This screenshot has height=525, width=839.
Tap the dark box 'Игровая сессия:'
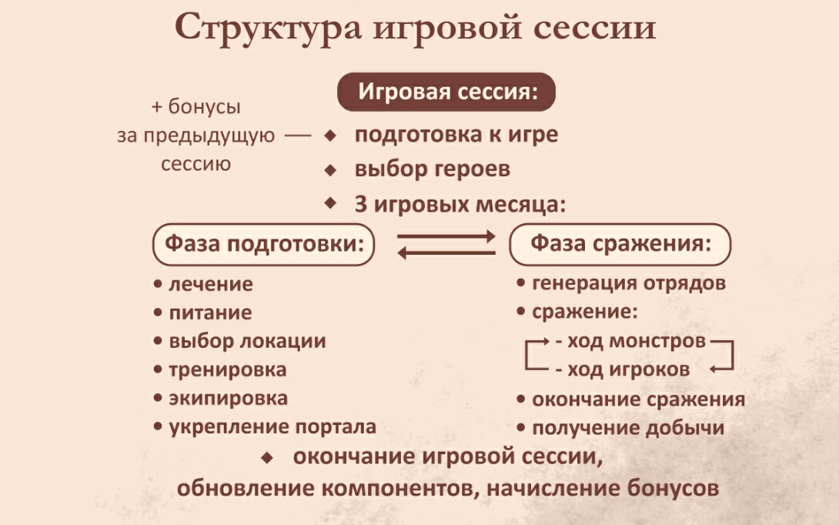tap(446, 92)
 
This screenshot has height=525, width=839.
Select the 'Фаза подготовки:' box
tap(264, 244)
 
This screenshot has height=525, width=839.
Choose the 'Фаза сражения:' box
tap(620, 244)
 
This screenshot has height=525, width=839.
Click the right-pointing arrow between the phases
tap(446, 236)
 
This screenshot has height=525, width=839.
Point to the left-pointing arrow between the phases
tap(446, 252)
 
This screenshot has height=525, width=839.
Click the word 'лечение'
tap(211, 284)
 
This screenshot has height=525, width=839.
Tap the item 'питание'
tap(210, 313)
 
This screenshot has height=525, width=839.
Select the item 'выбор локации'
tap(247, 342)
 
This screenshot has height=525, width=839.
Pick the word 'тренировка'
tap(228, 370)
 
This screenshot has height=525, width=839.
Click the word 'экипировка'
tap(229, 398)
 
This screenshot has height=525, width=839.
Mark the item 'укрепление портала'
tap(273, 427)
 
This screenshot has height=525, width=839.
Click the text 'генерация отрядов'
tap(629, 283)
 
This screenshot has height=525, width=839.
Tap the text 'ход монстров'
tap(637, 341)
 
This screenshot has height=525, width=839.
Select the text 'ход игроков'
tap(629, 370)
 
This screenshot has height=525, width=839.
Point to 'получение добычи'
tap(628, 428)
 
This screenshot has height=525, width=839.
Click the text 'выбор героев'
tap(433, 169)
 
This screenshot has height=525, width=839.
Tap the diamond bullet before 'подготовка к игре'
tap(331, 135)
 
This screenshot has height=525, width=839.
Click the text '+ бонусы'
tap(196, 106)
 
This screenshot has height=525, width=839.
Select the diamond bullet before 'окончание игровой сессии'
tap(268, 457)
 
